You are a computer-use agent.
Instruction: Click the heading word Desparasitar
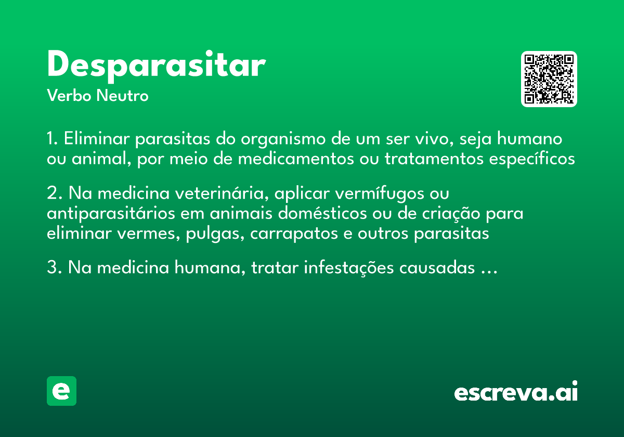click(156, 65)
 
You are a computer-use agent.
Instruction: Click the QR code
click(549, 79)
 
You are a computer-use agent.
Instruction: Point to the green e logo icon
click(61, 391)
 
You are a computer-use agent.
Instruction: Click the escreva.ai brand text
click(516, 392)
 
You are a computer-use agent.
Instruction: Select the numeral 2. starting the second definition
click(54, 194)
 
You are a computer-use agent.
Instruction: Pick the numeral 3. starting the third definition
click(54, 268)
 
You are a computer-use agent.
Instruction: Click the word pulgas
click(213, 234)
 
